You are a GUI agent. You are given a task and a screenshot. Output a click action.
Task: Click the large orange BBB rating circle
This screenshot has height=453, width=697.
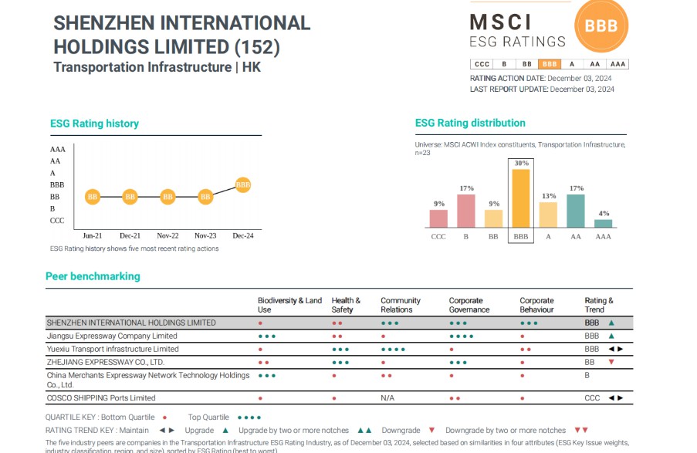pyautogui.click(x=601, y=25)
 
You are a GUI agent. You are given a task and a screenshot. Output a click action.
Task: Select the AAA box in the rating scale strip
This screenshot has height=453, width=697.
pyautogui.click(x=617, y=64)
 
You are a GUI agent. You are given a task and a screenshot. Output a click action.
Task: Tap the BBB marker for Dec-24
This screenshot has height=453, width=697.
pyautogui.click(x=242, y=185)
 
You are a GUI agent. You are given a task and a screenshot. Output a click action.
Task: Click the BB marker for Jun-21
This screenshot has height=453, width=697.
pyautogui.click(x=93, y=197)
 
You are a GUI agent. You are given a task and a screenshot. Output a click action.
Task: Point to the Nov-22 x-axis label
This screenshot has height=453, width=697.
pyautogui.click(x=167, y=235)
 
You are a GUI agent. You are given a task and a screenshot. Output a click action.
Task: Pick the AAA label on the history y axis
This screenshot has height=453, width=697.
pyautogui.click(x=58, y=149)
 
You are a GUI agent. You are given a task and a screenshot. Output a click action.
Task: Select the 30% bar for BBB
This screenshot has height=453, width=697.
pyautogui.click(x=521, y=199)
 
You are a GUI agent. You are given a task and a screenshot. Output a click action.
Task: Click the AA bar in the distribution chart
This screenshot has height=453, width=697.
pyautogui.click(x=576, y=211)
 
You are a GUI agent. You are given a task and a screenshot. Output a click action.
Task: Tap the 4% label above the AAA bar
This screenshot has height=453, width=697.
pyautogui.click(x=604, y=214)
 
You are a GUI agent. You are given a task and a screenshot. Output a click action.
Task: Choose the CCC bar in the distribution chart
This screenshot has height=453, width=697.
pyautogui.click(x=438, y=218)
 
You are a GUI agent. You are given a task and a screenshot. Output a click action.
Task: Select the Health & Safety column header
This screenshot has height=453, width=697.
pyautogui.click(x=346, y=305)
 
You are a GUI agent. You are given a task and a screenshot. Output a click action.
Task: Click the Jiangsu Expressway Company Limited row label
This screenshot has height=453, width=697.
pyautogui.click(x=112, y=336)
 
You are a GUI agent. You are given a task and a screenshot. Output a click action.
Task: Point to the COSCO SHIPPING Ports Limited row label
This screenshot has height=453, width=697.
pyautogui.click(x=101, y=398)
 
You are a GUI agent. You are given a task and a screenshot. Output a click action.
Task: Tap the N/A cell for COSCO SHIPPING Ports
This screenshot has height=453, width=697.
pyautogui.click(x=387, y=398)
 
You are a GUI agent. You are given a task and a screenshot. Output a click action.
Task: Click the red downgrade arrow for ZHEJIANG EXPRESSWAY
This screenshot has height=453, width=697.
pyautogui.click(x=611, y=362)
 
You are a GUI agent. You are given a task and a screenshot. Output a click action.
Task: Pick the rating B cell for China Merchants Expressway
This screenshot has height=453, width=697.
pyautogui.click(x=587, y=376)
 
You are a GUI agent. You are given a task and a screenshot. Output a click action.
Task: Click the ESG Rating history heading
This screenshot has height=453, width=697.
pyautogui.click(x=94, y=123)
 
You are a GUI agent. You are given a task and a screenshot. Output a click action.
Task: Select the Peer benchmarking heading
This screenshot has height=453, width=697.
pyautogui.click(x=93, y=276)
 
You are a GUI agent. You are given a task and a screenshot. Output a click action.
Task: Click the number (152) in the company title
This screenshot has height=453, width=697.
pyautogui.click(x=257, y=46)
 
